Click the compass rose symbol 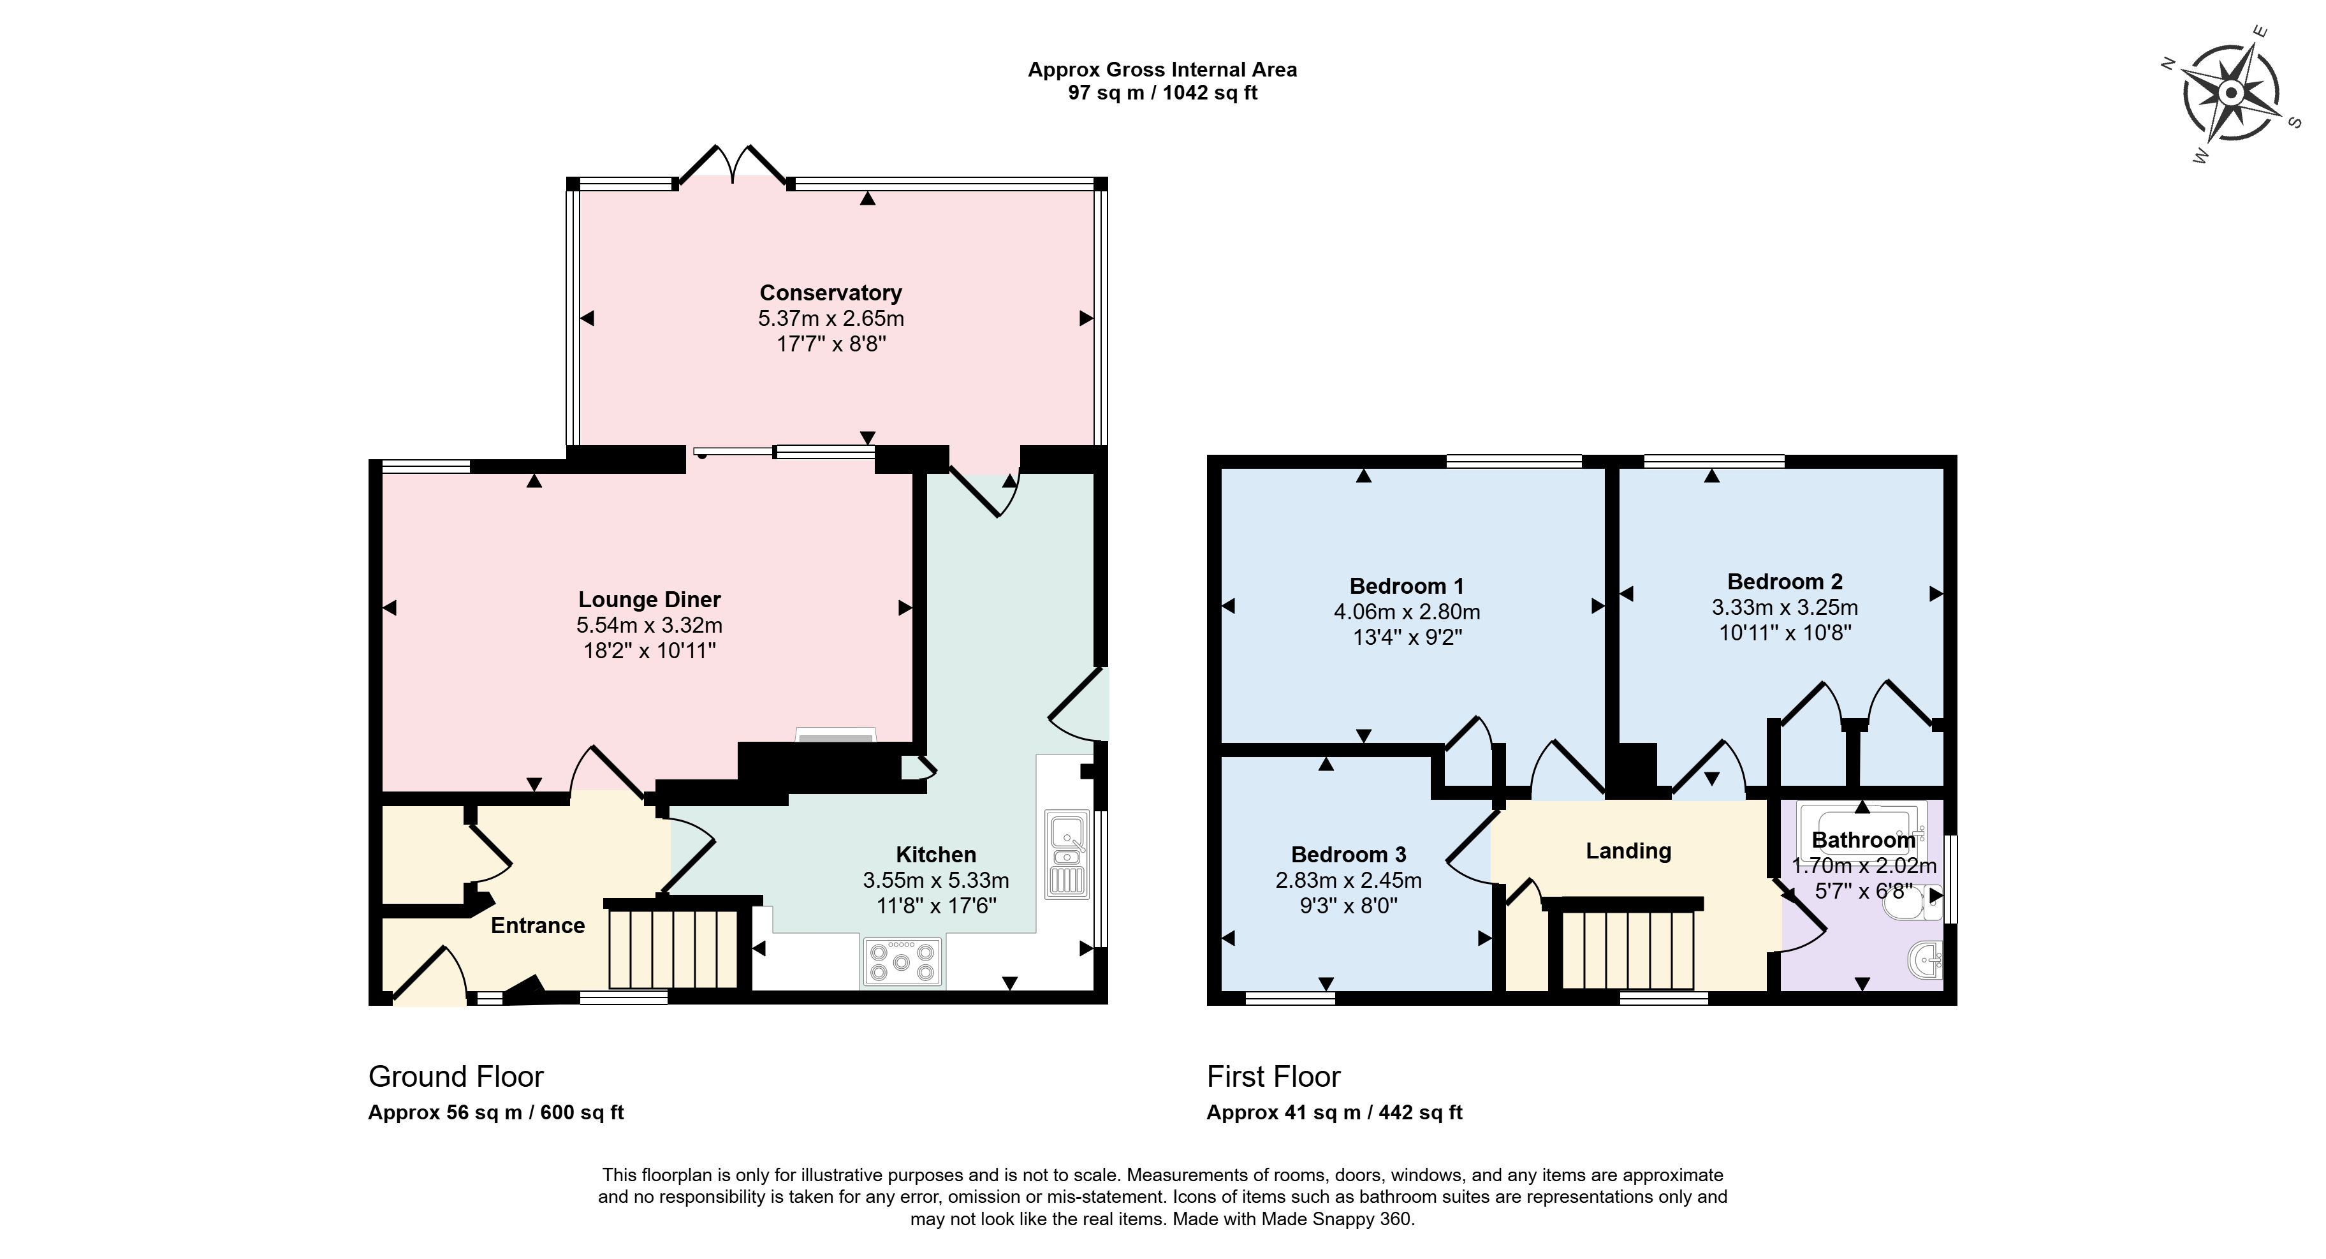coord(2230,93)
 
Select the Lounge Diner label coord(649,600)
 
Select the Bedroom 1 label coord(1407,586)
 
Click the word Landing coord(1629,851)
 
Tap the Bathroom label coord(1864,840)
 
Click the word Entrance coord(538,925)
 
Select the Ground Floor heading coord(456,1077)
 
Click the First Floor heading coord(1274,1077)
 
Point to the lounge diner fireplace coord(835,735)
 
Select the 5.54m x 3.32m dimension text coord(649,625)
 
